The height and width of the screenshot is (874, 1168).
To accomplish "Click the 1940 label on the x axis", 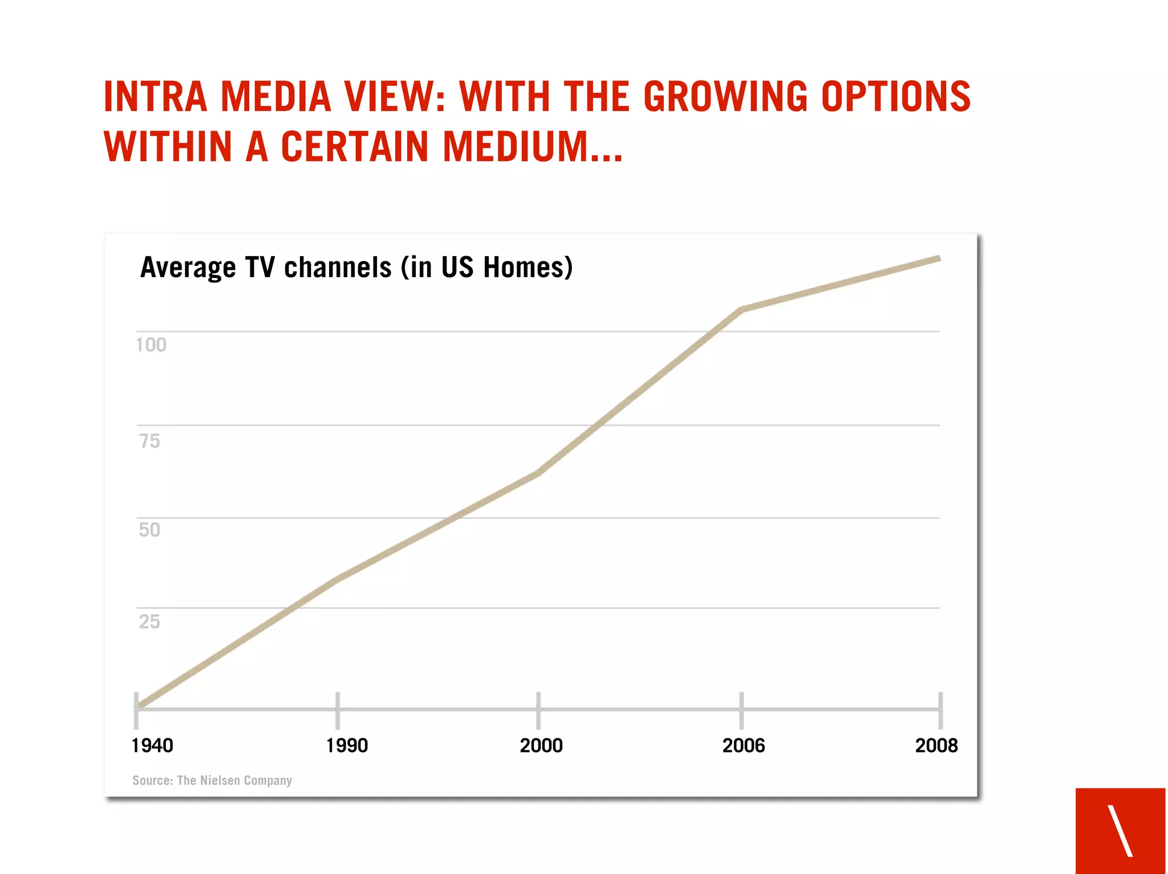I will pyautogui.click(x=152, y=745).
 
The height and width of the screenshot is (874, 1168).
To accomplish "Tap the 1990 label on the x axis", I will pyautogui.click(x=347, y=745).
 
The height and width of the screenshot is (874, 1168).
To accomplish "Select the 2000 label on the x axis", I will pyautogui.click(x=541, y=745).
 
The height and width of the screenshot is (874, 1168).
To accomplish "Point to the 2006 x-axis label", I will pyautogui.click(x=743, y=745).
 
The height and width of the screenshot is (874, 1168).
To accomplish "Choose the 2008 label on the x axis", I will pyautogui.click(x=936, y=745).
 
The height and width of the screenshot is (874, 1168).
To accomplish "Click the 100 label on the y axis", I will pyautogui.click(x=151, y=345).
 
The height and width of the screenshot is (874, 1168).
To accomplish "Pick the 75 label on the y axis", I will pyautogui.click(x=149, y=441).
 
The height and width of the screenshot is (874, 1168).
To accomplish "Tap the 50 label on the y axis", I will pyautogui.click(x=149, y=530).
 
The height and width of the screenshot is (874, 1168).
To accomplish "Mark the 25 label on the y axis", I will pyautogui.click(x=149, y=621).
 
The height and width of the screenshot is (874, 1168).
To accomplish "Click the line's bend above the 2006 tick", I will pyautogui.click(x=741, y=310).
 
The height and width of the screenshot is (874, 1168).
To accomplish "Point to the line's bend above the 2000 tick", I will pyautogui.click(x=538, y=473).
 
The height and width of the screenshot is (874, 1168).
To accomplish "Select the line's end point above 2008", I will pyautogui.click(x=938, y=259).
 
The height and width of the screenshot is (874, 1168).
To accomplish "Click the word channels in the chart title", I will pyautogui.click(x=338, y=267).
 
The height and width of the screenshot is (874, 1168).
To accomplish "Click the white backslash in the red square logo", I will pyautogui.click(x=1120, y=830).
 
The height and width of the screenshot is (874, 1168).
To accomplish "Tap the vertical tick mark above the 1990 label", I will pyautogui.click(x=338, y=710).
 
